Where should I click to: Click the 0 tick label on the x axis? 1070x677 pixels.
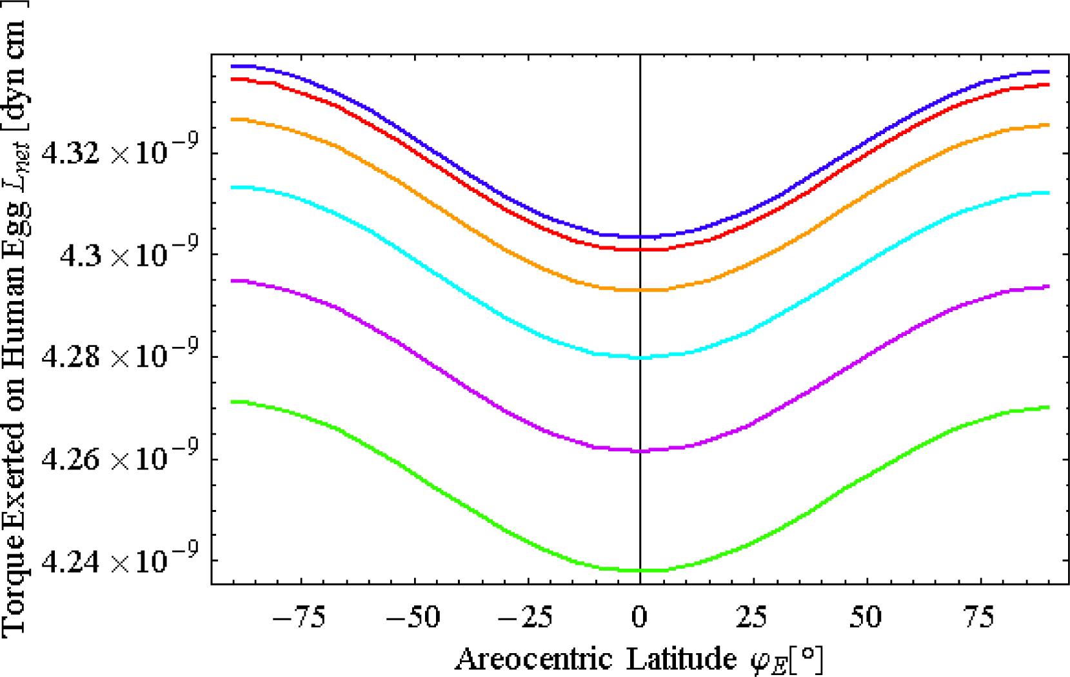point(639,618)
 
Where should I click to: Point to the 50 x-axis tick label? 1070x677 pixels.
point(866,618)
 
